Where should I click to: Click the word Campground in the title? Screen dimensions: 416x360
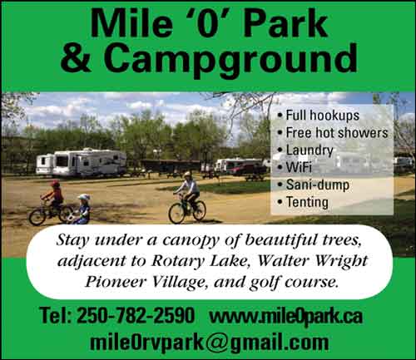[x=230, y=59]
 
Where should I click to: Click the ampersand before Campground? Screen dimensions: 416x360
[x=76, y=57]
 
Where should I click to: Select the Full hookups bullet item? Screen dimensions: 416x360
[x=319, y=116]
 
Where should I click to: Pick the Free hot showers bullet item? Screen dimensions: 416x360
[x=333, y=132]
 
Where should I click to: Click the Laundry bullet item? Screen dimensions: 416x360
[x=305, y=150]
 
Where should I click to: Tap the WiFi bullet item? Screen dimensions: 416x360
[x=295, y=167]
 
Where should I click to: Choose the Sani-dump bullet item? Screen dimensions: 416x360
[x=314, y=185]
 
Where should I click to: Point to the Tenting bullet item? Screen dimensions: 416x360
[x=303, y=202]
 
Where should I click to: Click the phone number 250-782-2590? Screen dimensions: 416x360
[x=136, y=315]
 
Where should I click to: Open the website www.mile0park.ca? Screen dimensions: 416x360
[x=286, y=316]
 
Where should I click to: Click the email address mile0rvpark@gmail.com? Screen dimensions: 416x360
[x=210, y=343]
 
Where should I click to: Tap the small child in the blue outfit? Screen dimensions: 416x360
[x=82, y=210]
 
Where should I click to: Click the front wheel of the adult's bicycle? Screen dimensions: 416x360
[x=176, y=213]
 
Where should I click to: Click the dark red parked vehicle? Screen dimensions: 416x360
[x=247, y=170]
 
